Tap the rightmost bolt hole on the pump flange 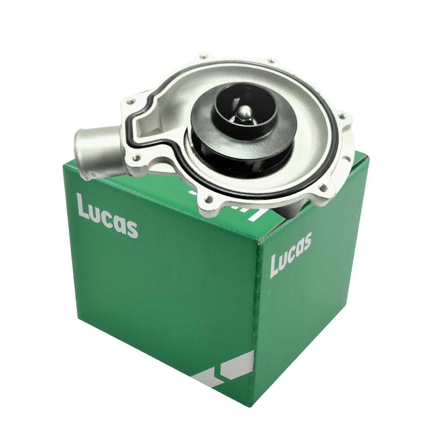(x=342, y=117)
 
